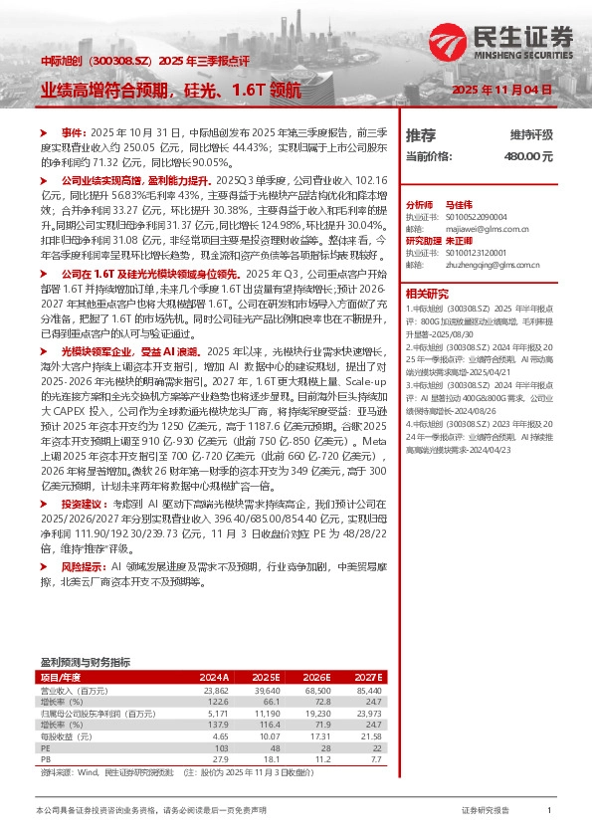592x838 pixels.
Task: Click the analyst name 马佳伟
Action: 457,202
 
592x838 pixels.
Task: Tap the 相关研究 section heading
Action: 430,296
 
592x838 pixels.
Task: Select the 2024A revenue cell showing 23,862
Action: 217,689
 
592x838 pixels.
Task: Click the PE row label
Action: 46,745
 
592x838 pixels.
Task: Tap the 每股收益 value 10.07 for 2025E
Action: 282,735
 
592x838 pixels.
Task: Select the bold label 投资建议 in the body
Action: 83,533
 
